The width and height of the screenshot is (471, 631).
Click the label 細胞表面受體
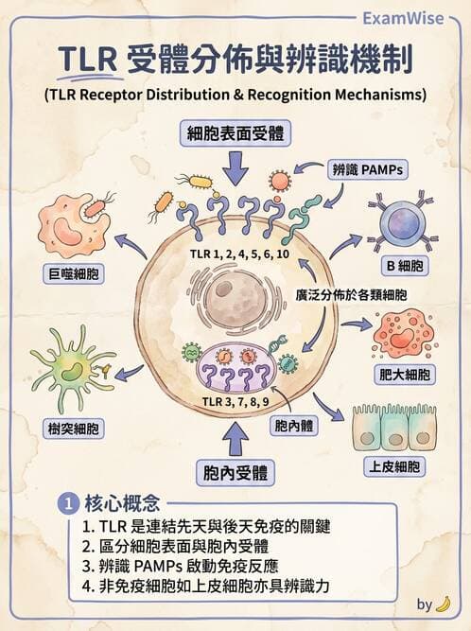click(x=235, y=134)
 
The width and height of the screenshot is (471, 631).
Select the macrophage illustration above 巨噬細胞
click(x=71, y=227)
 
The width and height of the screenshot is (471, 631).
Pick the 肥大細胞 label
click(x=404, y=375)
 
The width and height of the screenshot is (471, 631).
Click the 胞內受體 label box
click(x=235, y=469)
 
